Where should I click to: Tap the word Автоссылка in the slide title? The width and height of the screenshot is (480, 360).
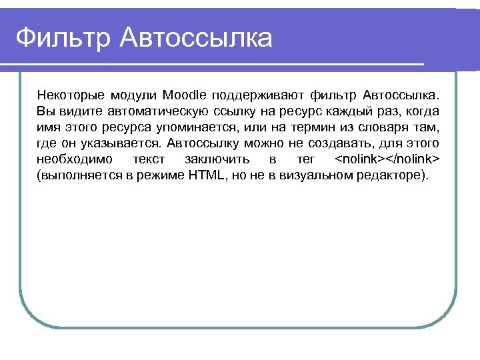pyautogui.click(x=197, y=38)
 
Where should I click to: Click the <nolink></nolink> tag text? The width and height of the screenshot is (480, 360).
pyautogui.click(x=387, y=160)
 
